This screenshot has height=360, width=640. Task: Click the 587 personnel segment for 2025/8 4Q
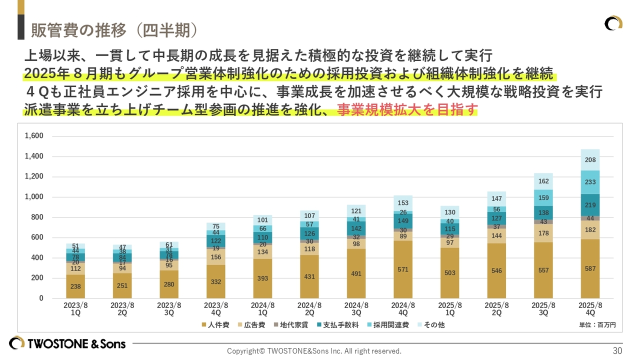click(590, 268)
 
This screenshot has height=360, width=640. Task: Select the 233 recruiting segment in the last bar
click(590, 182)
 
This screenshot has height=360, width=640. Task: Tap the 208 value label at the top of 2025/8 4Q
click(590, 160)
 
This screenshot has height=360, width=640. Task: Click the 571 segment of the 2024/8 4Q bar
click(403, 269)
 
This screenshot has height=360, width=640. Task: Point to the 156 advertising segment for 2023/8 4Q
click(216, 257)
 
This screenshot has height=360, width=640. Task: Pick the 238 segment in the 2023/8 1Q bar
click(75, 286)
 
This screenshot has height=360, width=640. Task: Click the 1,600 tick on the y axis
click(34, 136)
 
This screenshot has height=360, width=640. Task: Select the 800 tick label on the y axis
click(36, 217)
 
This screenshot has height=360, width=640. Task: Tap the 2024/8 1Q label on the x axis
click(262, 308)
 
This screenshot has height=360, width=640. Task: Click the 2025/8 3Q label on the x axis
click(543, 308)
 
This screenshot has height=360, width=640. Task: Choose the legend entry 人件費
click(215, 325)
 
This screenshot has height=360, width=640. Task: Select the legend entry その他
click(430, 325)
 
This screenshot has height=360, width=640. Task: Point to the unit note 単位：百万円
click(597, 325)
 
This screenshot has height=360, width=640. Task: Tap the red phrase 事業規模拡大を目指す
click(407, 109)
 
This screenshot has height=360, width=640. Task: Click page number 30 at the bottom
click(617, 350)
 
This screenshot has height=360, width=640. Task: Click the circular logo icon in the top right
click(613, 23)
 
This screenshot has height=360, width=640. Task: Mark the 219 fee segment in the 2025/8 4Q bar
click(590, 205)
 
